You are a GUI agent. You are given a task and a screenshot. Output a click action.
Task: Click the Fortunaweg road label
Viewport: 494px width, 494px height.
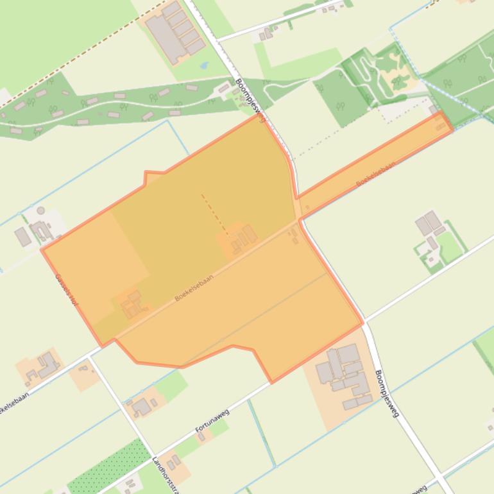click(x=212, y=422)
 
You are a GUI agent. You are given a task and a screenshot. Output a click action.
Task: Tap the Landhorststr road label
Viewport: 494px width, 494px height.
click(x=164, y=473)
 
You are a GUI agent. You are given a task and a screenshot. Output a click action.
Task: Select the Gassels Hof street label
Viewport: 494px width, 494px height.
click(x=66, y=289)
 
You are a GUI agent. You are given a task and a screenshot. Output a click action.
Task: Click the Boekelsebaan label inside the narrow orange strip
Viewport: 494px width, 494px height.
click(x=375, y=173)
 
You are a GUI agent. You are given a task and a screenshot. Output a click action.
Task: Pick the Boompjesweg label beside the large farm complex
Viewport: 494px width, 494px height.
click(x=387, y=393)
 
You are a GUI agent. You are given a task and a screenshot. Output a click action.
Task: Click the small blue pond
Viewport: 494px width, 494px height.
click(x=204, y=65)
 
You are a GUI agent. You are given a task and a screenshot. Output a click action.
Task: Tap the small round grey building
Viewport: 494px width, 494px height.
click(x=41, y=210)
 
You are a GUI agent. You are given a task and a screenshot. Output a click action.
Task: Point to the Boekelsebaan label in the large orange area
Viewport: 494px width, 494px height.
click(x=194, y=289)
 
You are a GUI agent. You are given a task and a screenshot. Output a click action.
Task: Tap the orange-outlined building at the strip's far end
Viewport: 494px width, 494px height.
click(x=441, y=122)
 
